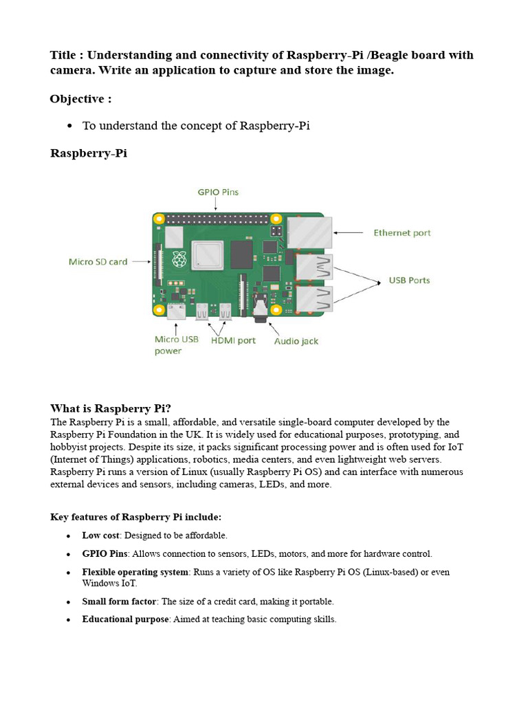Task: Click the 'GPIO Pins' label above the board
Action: (218, 192)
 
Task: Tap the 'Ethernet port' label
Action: (401, 233)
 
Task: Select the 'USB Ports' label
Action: (409, 280)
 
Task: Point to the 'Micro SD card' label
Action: (98, 262)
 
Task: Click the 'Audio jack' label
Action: (296, 341)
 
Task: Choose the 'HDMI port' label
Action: (233, 340)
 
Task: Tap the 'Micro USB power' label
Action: (177, 345)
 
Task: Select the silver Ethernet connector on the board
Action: (309, 232)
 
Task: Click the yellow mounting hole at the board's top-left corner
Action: (159, 219)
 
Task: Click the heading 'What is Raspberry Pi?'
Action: (111, 408)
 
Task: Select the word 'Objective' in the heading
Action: (77, 99)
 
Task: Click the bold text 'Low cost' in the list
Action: (101, 535)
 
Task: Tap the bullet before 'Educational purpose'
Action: (68, 619)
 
